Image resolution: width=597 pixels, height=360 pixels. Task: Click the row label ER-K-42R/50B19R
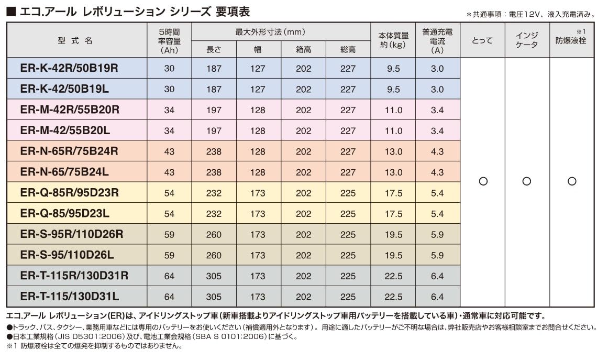pyautogui.click(x=70, y=68)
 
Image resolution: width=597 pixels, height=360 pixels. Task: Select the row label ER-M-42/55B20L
pyautogui.click(x=64, y=130)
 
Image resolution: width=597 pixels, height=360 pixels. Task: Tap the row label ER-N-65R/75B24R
pyautogui.click(x=69, y=151)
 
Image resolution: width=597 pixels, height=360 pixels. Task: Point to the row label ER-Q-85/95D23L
pyautogui.click(x=64, y=213)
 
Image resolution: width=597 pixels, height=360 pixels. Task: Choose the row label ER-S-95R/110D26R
pyautogui.click(x=72, y=234)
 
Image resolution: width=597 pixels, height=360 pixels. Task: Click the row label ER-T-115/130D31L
pyautogui.click(x=70, y=297)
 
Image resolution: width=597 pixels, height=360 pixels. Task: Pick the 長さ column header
pyautogui.click(x=214, y=49)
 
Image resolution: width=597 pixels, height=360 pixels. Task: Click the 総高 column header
pyautogui.click(x=348, y=49)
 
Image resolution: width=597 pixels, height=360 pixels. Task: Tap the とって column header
pyautogui.click(x=482, y=40)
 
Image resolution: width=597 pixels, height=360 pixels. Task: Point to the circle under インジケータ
pyautogui.click(x=527, y=181)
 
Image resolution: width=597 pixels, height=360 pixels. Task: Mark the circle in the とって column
pyautogui.click(x=483, y=181)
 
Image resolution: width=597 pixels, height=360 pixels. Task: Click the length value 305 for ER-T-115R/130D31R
pyautogui.click(x=214, y=276)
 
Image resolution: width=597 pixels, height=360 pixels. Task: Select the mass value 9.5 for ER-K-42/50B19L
pyautogui.click(x=393, y=89)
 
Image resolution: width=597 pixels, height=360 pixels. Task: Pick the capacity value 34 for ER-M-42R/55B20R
pyautogui.click(x=169, y=110)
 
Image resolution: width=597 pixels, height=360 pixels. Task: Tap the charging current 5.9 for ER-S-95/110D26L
pyautogui.click(x=437, y=255)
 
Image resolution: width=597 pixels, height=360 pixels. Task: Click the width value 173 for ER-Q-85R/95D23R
pyautogui.click(x=258, y=193)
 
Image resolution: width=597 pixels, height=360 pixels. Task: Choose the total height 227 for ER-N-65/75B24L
pyautogui.click(x=348, y=172)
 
